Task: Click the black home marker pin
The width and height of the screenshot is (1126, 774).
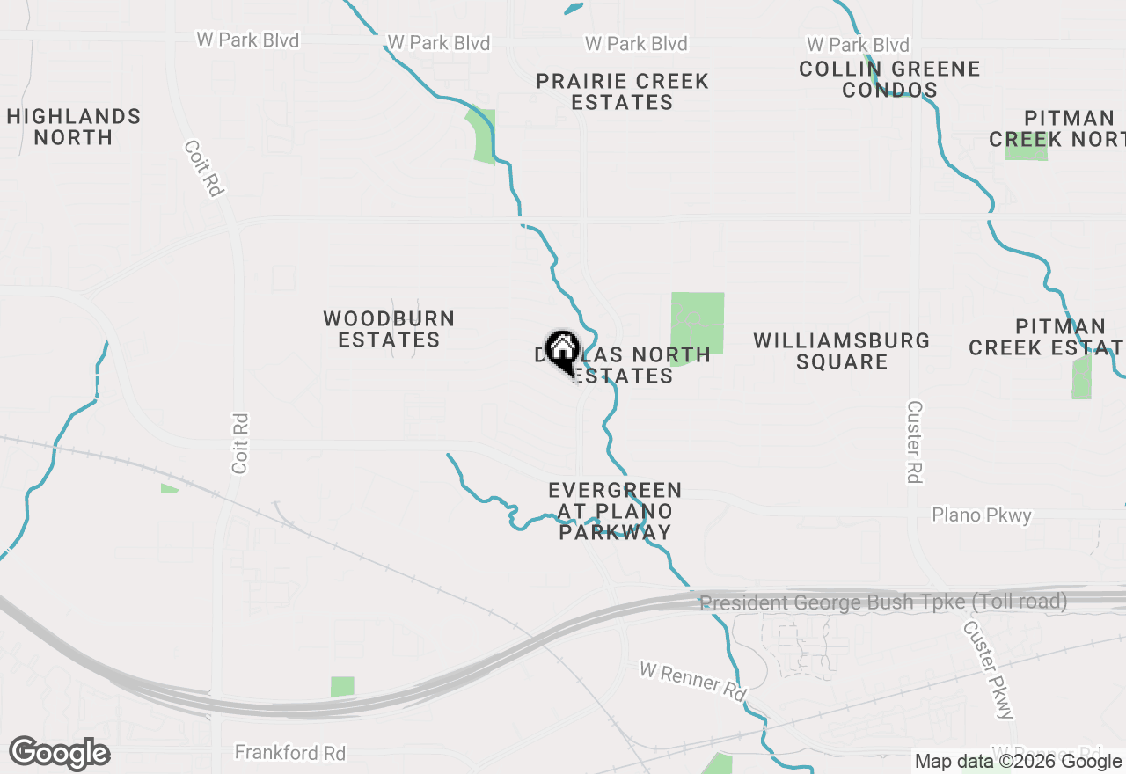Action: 562,352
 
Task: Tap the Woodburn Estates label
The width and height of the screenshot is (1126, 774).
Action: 389,329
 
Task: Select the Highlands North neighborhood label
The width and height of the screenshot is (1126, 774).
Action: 74,127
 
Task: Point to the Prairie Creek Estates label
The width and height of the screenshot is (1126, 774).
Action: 622,91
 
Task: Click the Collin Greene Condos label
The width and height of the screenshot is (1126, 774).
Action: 889,79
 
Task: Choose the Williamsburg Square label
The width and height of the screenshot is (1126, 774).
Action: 842,351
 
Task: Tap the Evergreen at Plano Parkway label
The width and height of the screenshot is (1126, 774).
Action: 615,511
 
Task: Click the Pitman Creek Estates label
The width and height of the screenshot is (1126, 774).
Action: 1047,337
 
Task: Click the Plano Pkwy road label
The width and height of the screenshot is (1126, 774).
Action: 981,515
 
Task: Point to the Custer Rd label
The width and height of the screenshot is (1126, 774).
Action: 915,442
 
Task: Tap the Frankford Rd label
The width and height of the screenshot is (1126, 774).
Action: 290,753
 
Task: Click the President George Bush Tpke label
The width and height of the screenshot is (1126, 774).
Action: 883,602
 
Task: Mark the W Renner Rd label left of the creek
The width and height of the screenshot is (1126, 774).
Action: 692,682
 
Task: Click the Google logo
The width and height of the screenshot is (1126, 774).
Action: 59,754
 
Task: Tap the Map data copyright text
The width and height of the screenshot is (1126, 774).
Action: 1018,762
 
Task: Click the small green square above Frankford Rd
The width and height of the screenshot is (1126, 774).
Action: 342,686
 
